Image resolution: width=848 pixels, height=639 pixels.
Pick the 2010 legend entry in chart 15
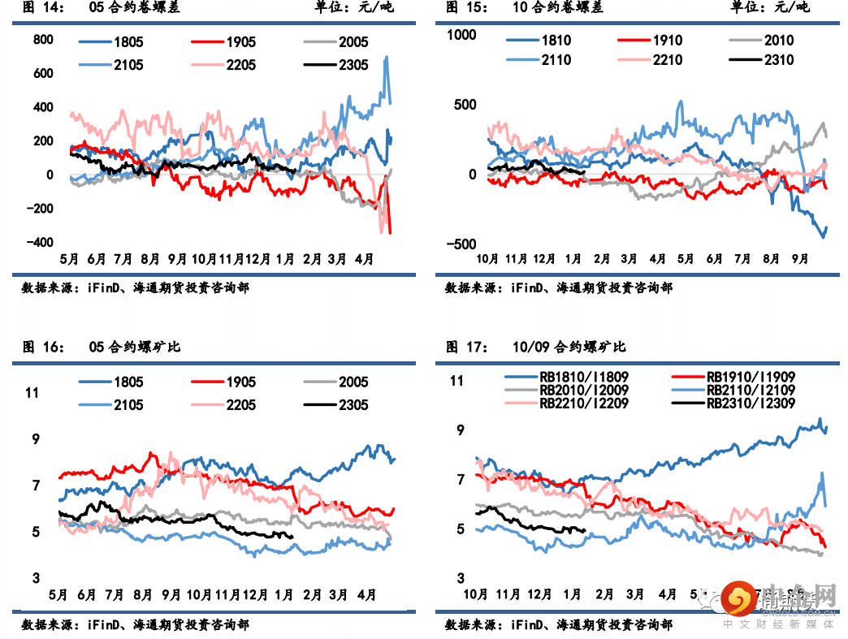tap(779, 41)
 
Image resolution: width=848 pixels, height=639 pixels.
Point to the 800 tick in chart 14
tap(43, 40)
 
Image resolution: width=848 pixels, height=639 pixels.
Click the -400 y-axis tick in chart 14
tap(40, 243)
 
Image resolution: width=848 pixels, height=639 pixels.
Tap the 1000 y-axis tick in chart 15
tap(462, 34)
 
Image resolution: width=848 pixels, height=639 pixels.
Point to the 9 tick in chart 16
tap(35, 439)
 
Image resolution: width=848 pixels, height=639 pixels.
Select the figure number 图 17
tap(465, 347)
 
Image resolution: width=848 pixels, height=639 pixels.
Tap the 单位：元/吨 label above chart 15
tap(770, 8)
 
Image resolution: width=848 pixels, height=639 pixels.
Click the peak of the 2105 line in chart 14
tap(386, 57)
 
